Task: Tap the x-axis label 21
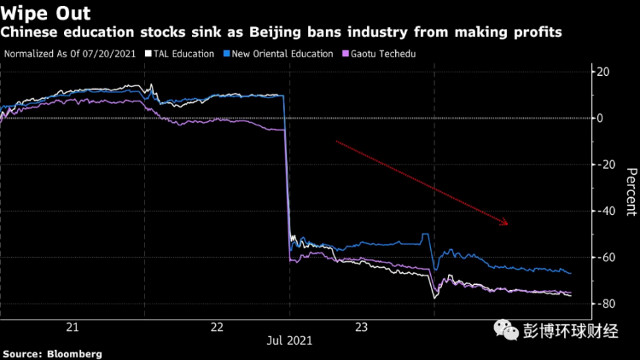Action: click(x=73, y=327)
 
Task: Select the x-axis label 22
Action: click(x=217, y=327)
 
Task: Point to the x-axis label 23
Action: click(x=361, y=327)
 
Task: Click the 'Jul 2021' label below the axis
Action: click(x=289, y=340)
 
